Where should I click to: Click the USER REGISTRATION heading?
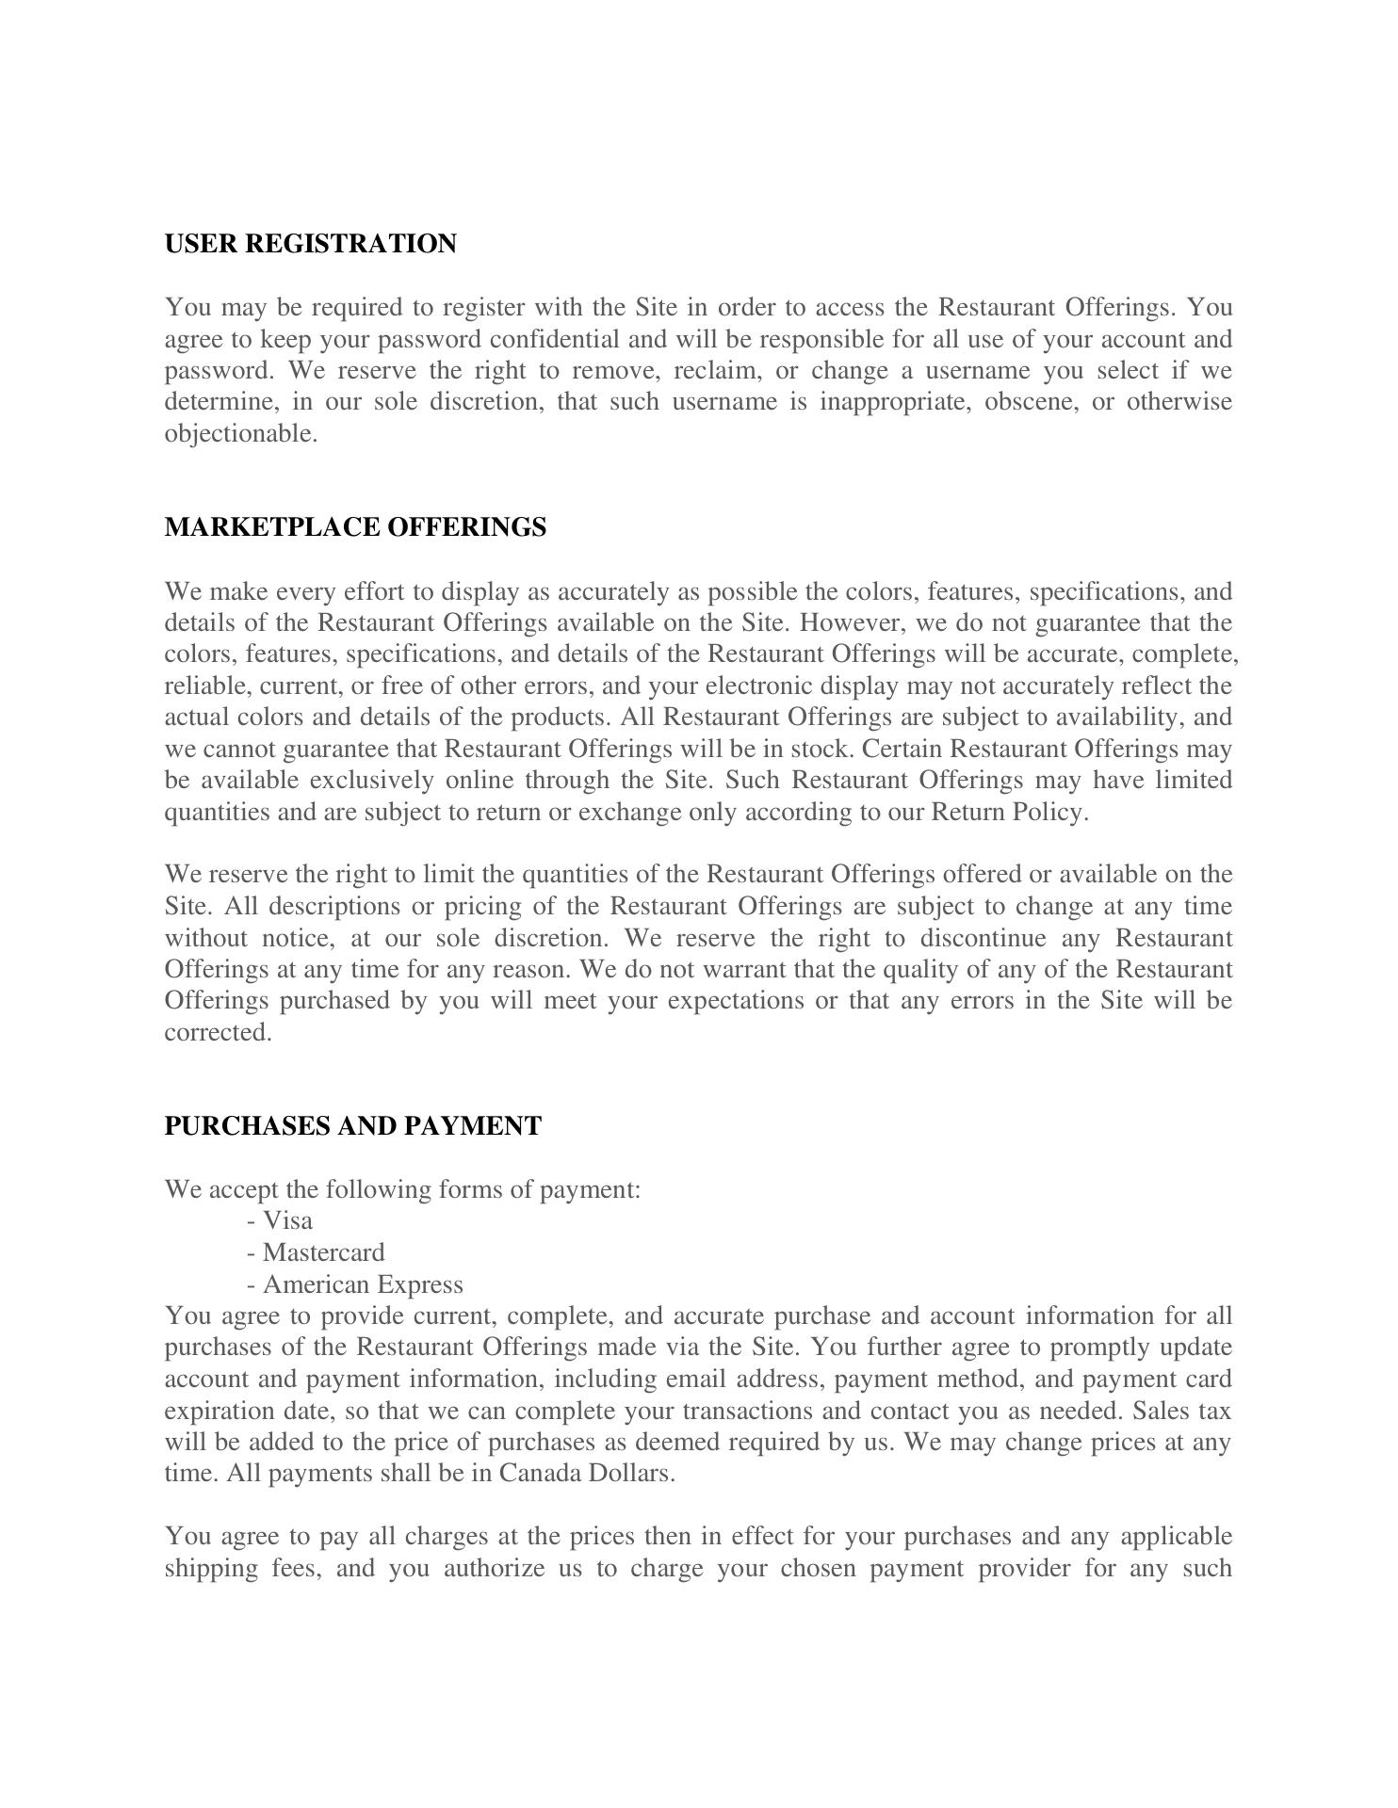(x=310, y=244)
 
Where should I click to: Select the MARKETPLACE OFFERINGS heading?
(x=355, y=527)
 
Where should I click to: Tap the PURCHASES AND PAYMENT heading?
(x=352, y=1126)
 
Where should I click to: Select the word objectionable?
(x=239, y=434)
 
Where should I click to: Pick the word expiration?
(x=217, y=1412)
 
